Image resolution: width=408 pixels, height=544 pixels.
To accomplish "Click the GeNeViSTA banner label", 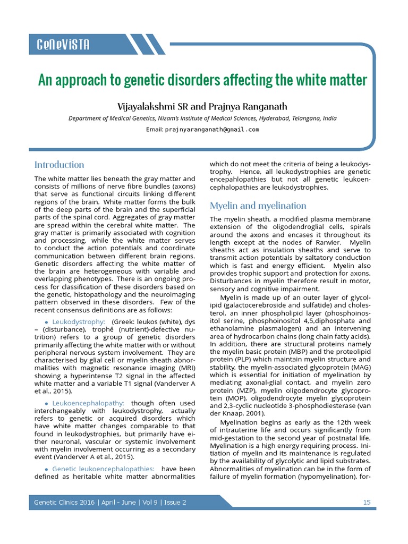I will tap(63, 45).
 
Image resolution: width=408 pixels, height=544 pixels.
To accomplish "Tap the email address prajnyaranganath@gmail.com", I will tap(212, 129).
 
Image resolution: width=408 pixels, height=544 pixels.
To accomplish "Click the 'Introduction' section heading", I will tap(59, 165).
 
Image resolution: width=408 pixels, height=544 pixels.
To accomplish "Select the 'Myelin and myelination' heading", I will tap(258, 206).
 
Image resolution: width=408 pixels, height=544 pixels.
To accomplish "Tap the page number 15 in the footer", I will tap(367, 503).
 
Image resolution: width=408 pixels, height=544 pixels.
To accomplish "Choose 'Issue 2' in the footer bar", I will tap(175, 503).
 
